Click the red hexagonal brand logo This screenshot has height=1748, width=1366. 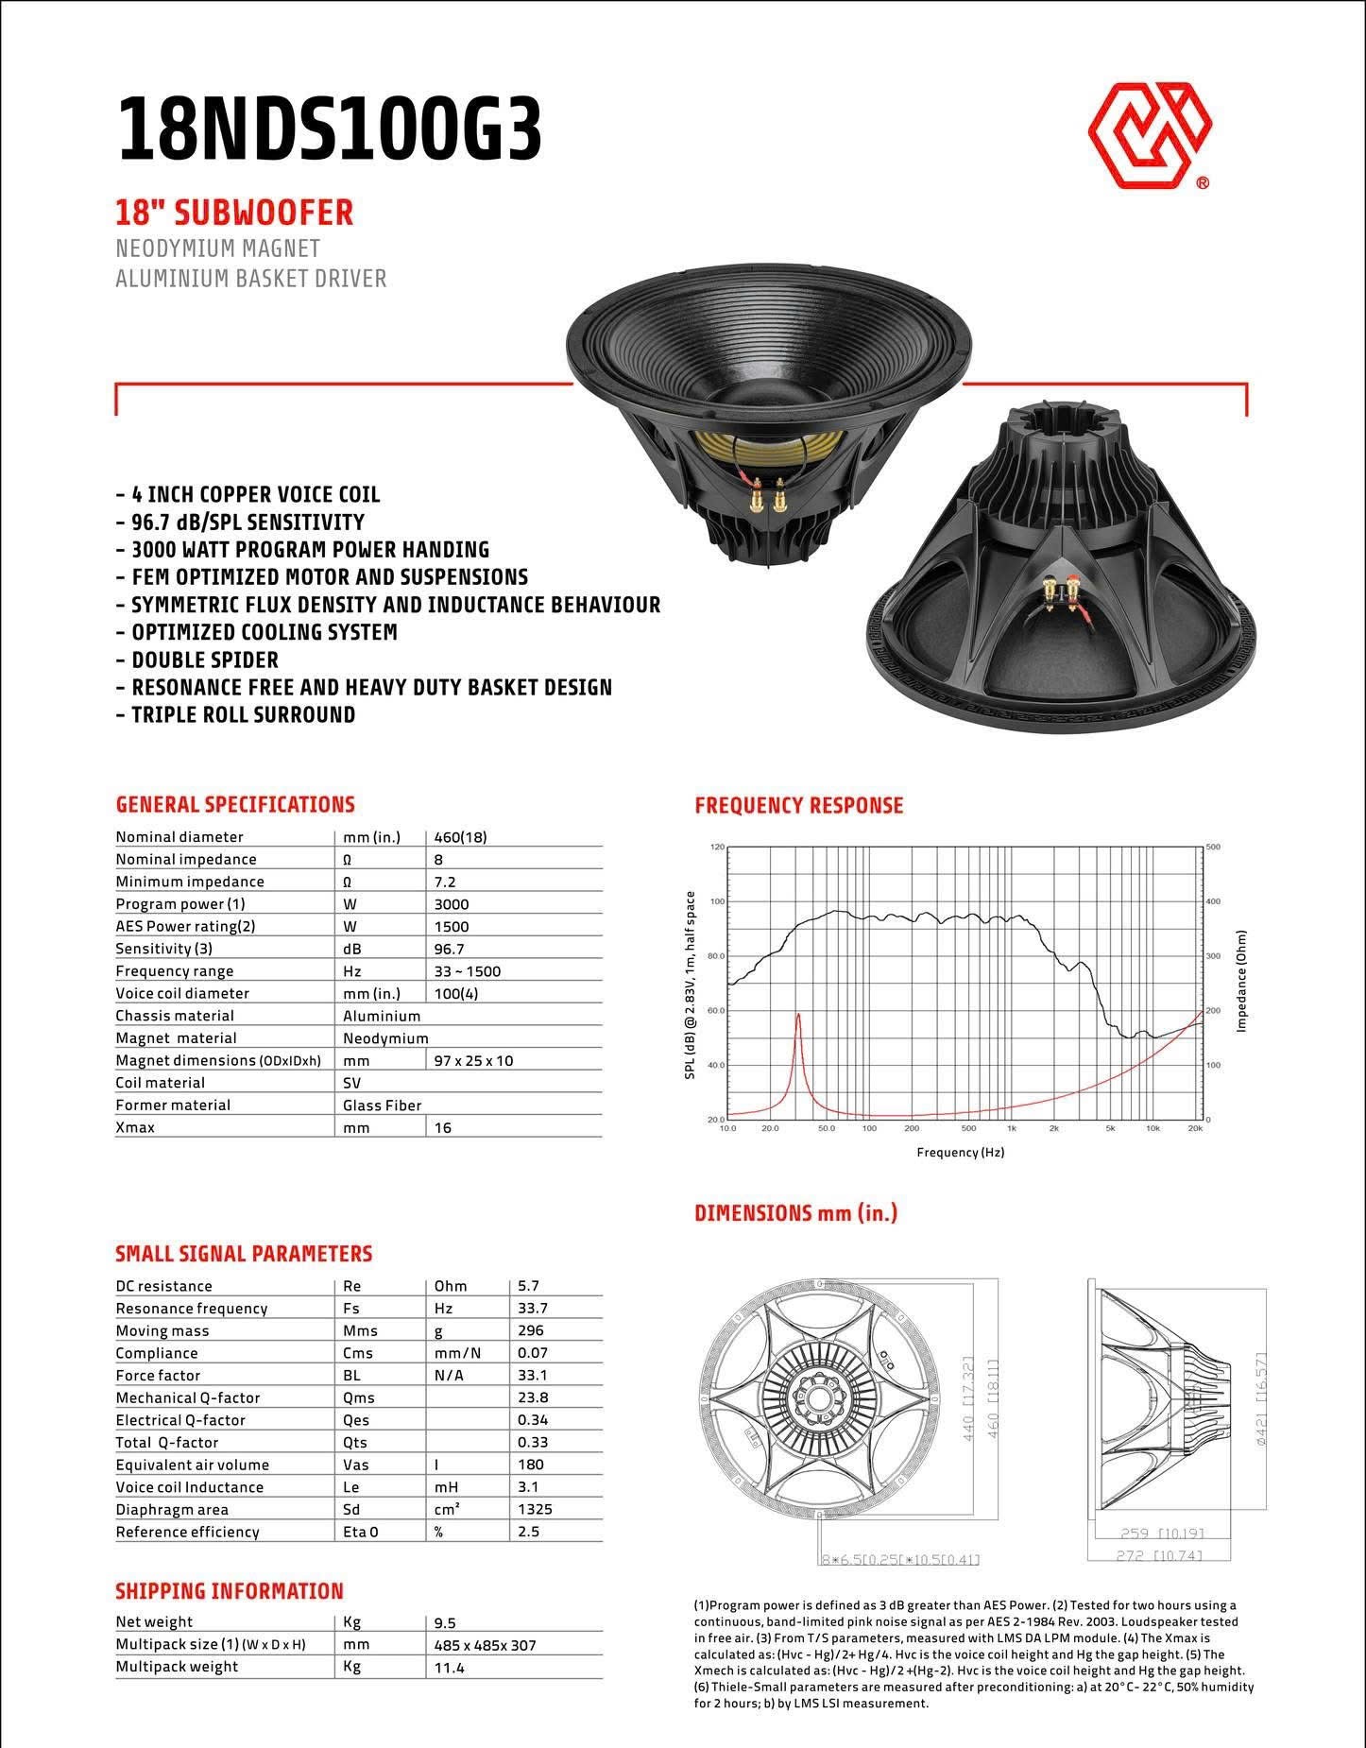(1150, 134)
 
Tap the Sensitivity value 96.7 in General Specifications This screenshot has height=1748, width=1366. (449, 949)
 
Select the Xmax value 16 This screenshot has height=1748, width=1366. (442, 1127)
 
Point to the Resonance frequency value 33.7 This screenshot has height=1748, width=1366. (533, 1308)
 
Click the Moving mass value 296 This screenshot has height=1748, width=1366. (530, 1330)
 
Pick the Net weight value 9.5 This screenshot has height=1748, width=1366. (445, 1622)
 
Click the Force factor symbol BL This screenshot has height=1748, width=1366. (350, 1375)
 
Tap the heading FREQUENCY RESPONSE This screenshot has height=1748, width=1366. (798, 805)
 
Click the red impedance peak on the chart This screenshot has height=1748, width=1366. (798, 1017)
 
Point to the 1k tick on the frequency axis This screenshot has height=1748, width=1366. (1012, 1128)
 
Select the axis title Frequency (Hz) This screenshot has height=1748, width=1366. (960, 1152)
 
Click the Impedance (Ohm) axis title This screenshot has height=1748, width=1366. (1242, 981)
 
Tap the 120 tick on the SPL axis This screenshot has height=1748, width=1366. (717, 847)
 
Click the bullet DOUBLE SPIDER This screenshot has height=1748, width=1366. (205, 660)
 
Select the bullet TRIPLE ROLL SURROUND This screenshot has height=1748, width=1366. (243, 714)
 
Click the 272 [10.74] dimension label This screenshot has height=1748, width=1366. (1159, 1555)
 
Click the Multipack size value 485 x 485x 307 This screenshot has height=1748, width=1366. (485, 1645)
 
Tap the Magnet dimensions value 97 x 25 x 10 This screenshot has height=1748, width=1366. (473, 1060)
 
